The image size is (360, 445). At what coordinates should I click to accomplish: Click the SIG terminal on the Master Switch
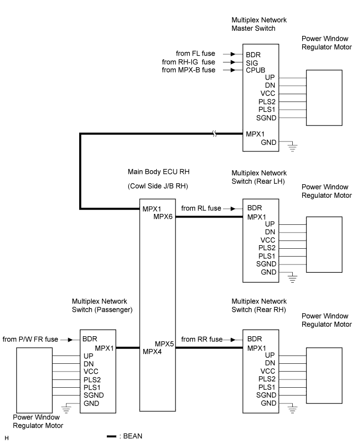(252, 63)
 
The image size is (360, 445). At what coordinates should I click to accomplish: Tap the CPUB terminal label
(255, 70)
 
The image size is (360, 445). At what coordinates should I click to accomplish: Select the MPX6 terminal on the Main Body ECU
(163, 217)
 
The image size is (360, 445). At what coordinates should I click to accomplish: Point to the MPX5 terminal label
(164, 344)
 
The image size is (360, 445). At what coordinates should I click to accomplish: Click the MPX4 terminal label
(152, 352)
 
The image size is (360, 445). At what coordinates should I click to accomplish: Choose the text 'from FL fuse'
(195, 54)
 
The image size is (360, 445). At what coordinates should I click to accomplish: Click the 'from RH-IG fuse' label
(189, 62)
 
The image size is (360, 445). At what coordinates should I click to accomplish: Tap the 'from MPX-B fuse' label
(189, 70)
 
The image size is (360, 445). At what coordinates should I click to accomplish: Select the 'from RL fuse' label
(201, 208)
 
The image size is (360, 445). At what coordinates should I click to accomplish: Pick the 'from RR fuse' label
(202, 339)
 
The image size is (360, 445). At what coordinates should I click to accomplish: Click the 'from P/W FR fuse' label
(30, 339)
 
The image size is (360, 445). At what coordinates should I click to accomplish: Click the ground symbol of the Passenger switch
(66, 409)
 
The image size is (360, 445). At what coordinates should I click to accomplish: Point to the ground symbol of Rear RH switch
(292, 409)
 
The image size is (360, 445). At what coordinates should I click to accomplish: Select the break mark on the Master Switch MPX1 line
(215, 133)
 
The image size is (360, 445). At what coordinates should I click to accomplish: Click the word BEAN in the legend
(133, 436)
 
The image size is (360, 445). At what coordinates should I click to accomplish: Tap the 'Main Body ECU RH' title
(158, 172)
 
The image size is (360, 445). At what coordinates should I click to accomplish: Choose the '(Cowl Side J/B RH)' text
(158, 186)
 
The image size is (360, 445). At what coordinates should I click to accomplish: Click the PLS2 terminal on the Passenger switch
(92, 379)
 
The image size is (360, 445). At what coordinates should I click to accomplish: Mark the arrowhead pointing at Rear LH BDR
(233, 209)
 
